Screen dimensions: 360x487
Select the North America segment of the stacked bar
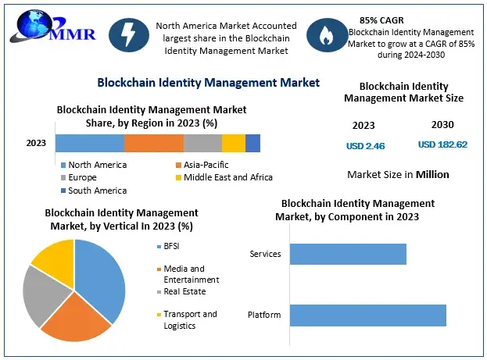89,143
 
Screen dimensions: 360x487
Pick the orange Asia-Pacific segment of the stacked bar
153,143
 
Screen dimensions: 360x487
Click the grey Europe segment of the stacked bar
202,143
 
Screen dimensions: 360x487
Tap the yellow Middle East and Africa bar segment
233,143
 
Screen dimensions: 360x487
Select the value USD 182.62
442,144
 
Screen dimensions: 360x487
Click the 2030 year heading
442,125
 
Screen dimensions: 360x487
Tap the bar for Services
348,254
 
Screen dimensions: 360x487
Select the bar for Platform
367,315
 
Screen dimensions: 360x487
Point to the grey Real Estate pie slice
41,297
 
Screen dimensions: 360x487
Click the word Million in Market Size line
432,174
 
